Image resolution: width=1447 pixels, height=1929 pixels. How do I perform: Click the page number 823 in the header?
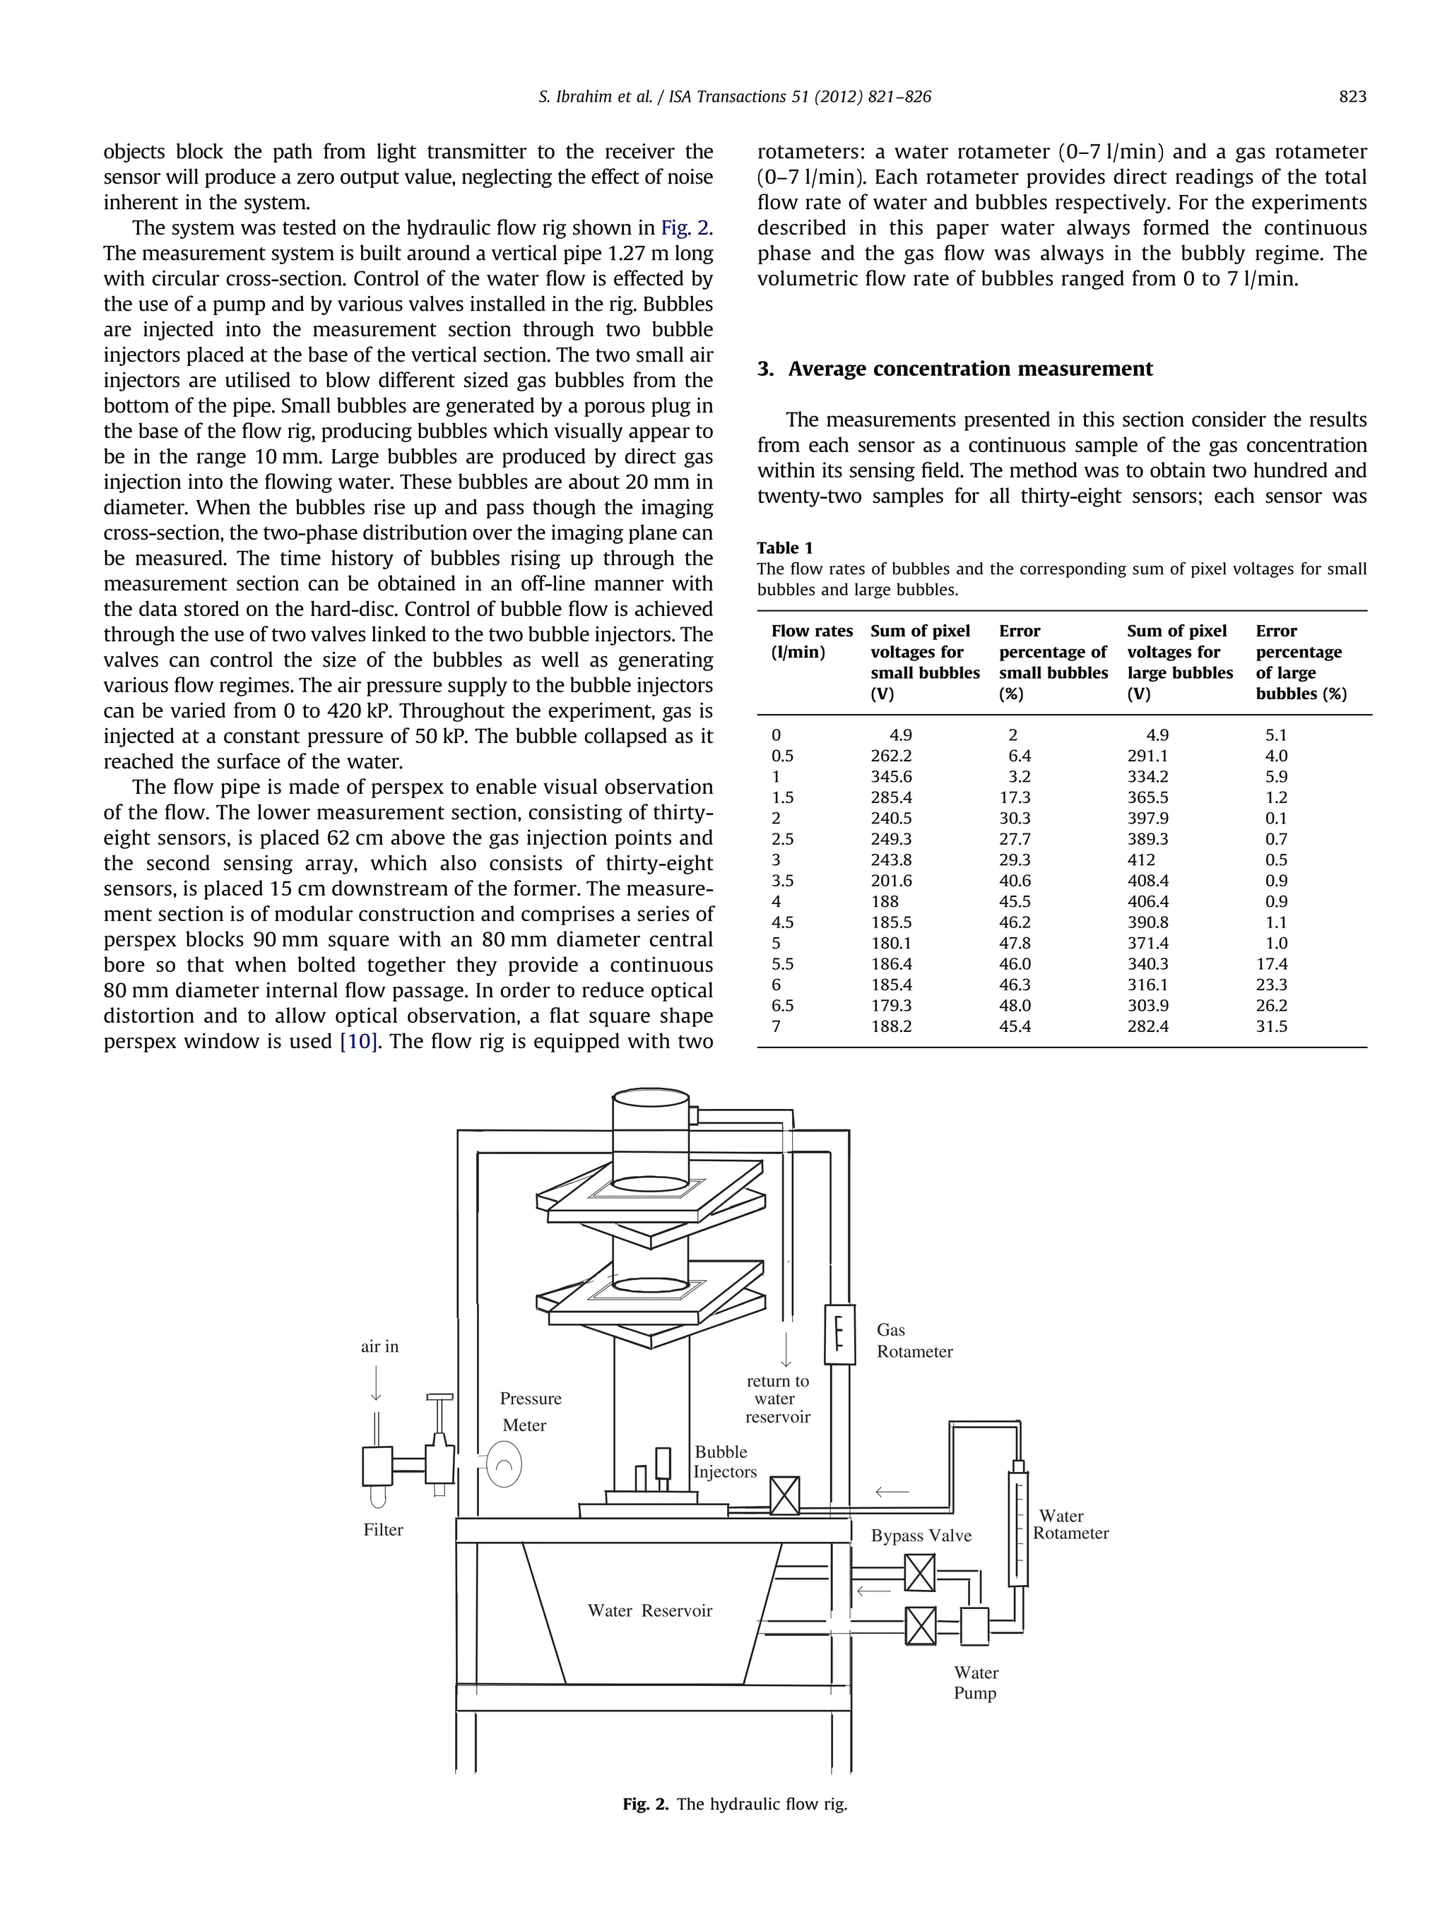click(1351, 97)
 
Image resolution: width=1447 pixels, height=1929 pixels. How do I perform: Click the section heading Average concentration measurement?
click(955, 369)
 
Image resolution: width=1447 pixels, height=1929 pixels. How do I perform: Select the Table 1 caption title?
click(784, 547)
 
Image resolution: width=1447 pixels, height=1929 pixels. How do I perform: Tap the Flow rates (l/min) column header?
click(811, 641)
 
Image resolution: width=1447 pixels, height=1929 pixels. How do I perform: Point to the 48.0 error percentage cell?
click(1015, 1006)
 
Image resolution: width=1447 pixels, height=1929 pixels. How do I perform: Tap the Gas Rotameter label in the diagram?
click(913, 1341)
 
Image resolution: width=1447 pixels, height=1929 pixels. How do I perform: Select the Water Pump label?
click(975, 1682)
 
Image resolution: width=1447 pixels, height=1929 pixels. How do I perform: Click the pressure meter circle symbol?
click(503, 1464)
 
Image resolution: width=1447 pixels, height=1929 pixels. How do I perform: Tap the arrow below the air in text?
click(376, 1382)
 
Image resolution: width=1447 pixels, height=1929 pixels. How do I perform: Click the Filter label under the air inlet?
click(383, 1530)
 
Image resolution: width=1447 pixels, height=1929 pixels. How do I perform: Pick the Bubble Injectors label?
click(724, 1461)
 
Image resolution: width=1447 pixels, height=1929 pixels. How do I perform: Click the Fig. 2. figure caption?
click(734, 1803)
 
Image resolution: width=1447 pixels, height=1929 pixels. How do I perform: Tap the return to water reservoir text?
click(776, 1399)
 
